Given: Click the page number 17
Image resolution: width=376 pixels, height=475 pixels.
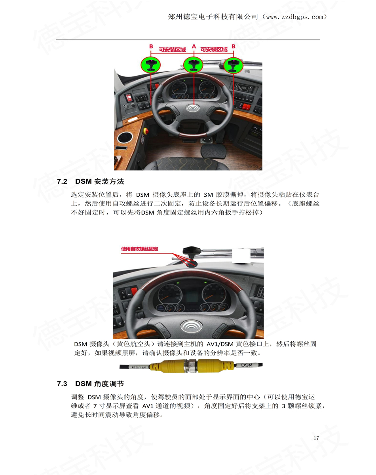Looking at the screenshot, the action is tap(316, 438).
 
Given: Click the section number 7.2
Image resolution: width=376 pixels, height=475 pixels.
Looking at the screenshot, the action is tap(62, 181).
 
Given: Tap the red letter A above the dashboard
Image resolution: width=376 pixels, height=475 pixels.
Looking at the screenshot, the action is tap(194, 47).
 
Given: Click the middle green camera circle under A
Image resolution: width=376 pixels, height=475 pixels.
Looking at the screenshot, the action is tap(193, 65).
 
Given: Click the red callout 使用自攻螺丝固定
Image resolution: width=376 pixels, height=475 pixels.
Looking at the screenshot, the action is tap(140, 249).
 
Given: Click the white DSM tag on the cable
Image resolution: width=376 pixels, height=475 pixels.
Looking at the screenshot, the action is tap(247, 365).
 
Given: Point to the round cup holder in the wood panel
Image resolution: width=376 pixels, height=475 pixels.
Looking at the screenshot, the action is tap(125, 138).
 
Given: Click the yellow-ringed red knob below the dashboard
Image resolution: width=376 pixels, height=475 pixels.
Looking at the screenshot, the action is tap(146, 131).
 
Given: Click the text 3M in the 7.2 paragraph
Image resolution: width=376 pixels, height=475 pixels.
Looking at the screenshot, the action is tap(208, 195).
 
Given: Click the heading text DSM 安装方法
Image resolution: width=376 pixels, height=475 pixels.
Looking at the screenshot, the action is tap(100, 181).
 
